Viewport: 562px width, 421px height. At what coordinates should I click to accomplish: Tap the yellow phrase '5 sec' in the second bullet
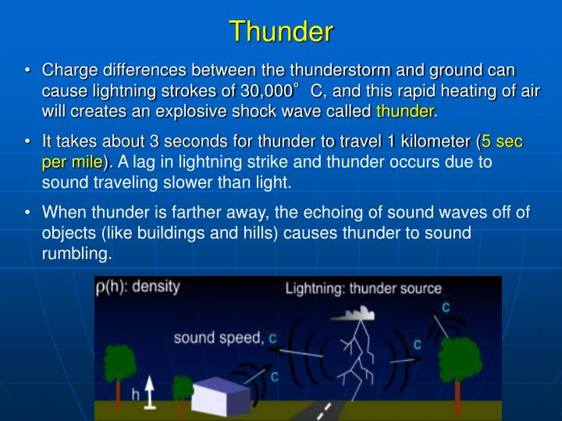tap(502, 143)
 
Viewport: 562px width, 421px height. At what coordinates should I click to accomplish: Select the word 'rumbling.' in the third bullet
tap(77, 253)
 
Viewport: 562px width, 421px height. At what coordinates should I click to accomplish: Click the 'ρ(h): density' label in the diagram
tap(137, 286)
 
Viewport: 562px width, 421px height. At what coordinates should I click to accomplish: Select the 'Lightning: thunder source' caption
tap(363, 289)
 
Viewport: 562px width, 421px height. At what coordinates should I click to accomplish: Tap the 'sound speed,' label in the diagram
tap(219, 338)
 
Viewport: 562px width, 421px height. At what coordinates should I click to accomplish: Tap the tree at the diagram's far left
tap(118, 366)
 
